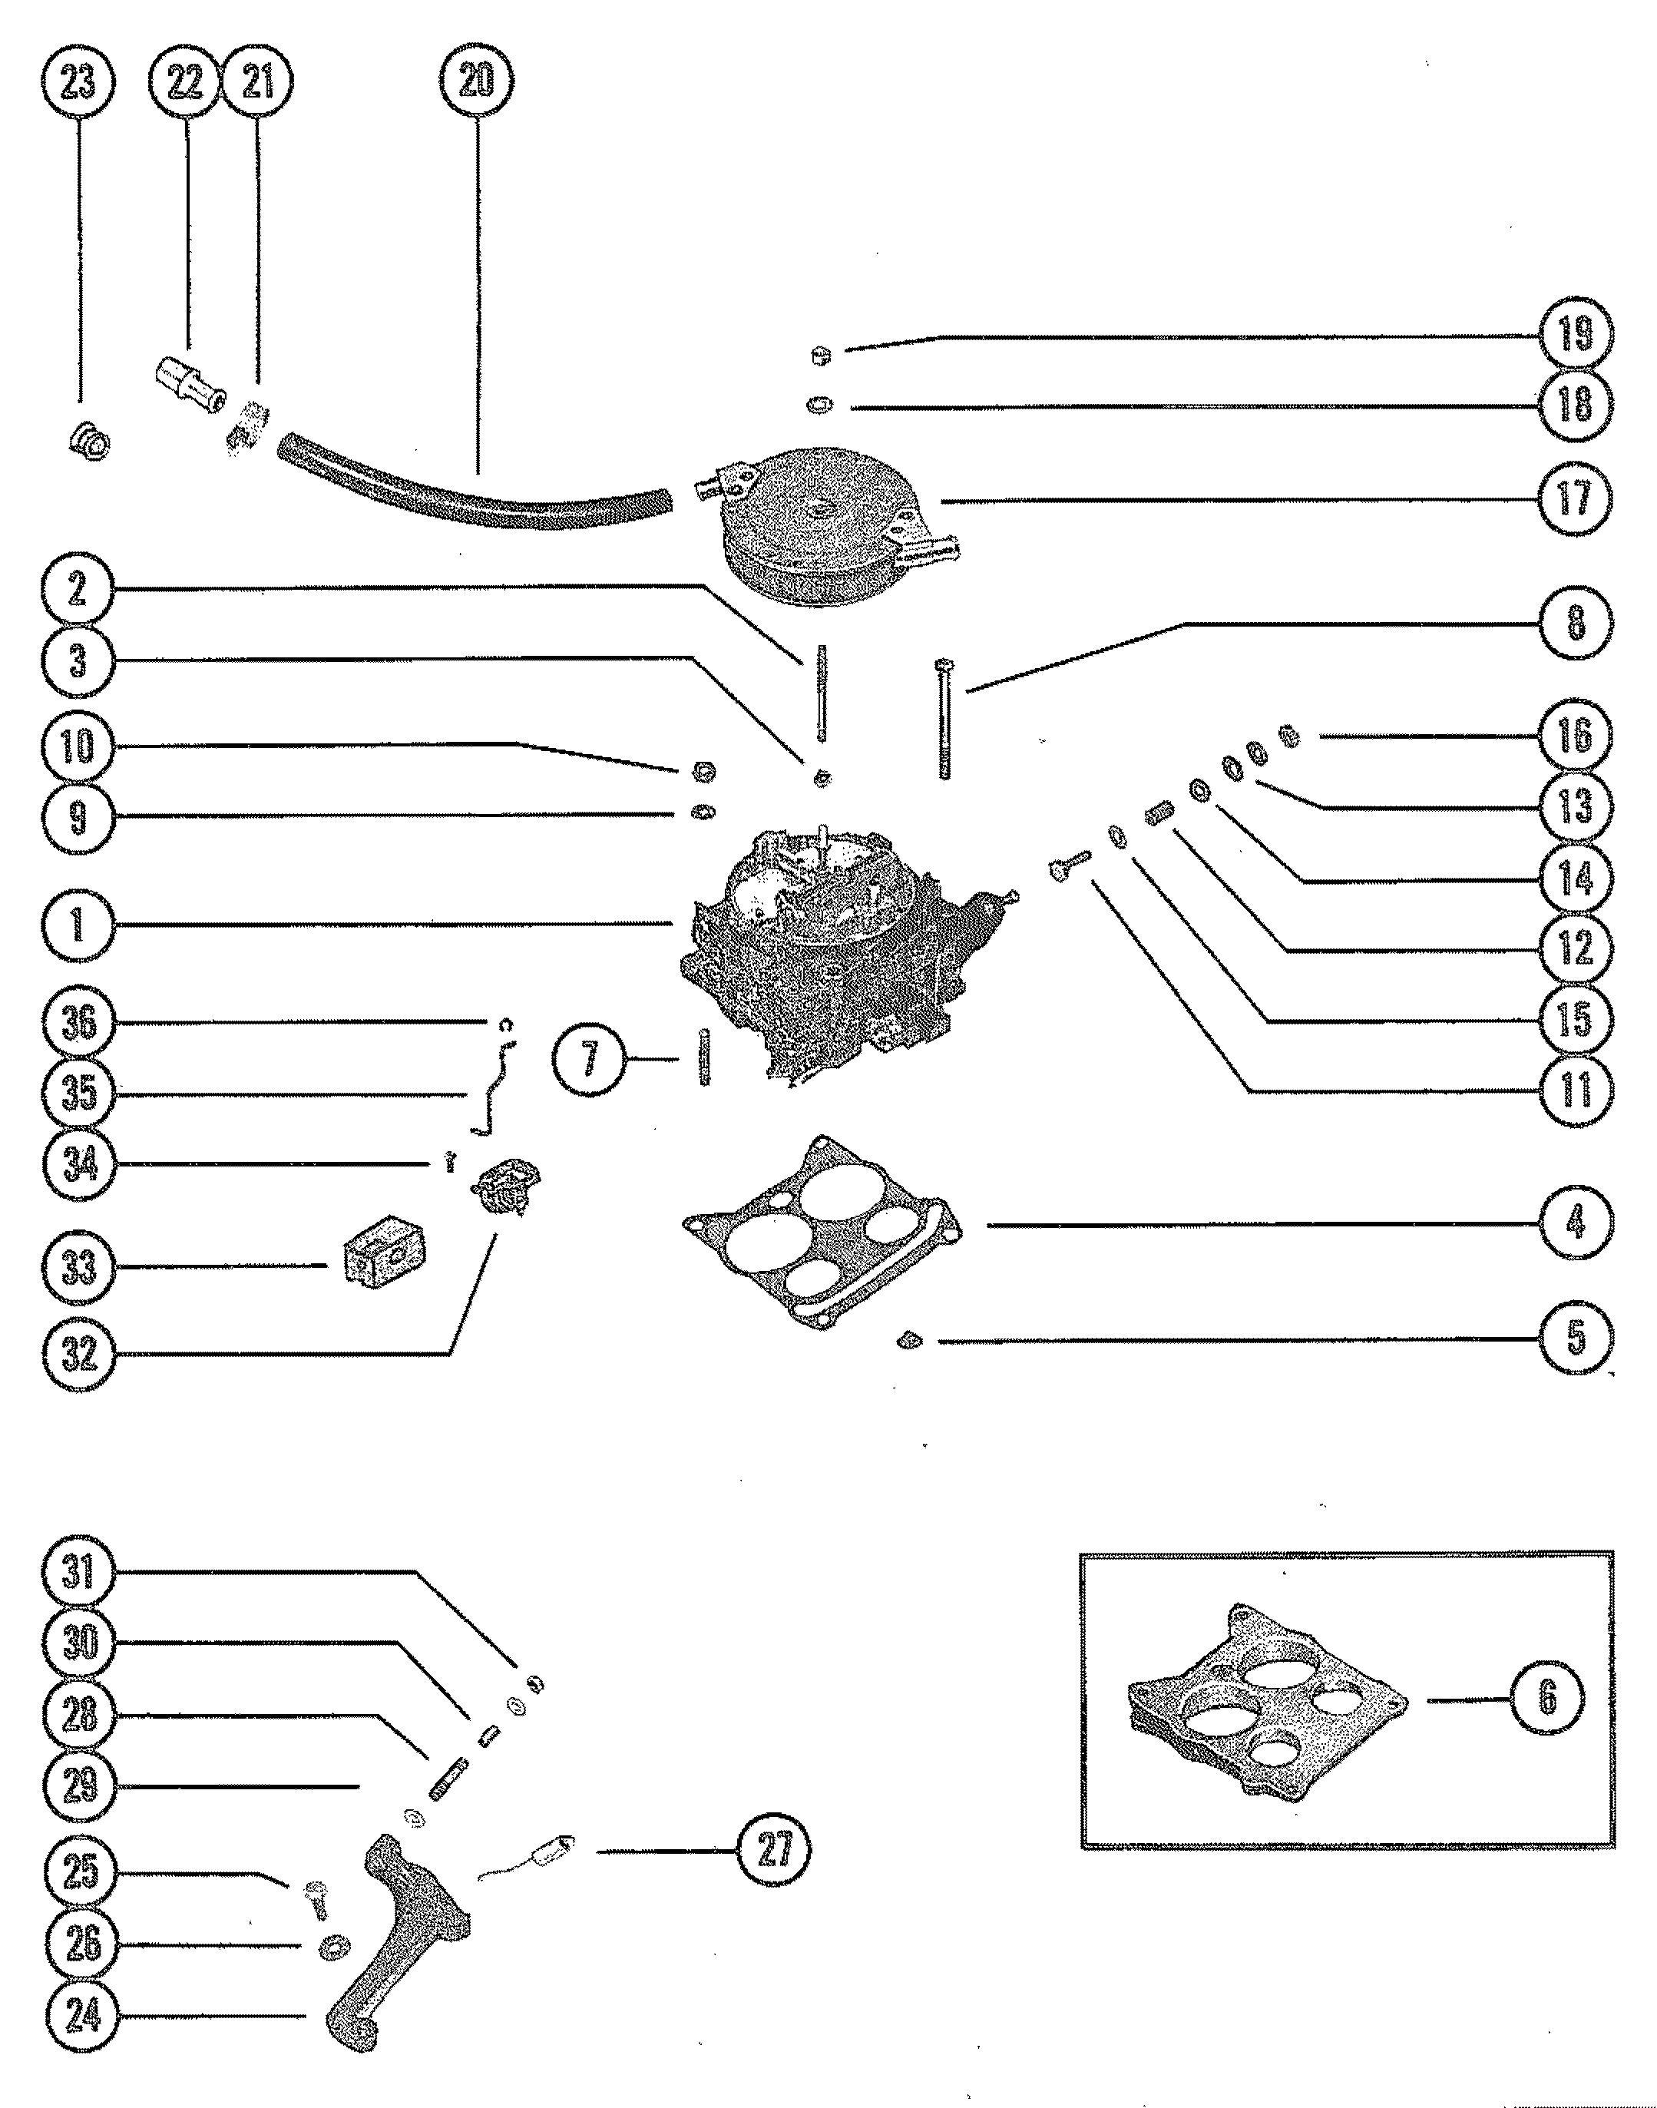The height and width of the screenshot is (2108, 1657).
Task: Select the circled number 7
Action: tap(589, 1058)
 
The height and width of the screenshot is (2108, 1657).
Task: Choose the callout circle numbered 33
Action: tap(78, 1267)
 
